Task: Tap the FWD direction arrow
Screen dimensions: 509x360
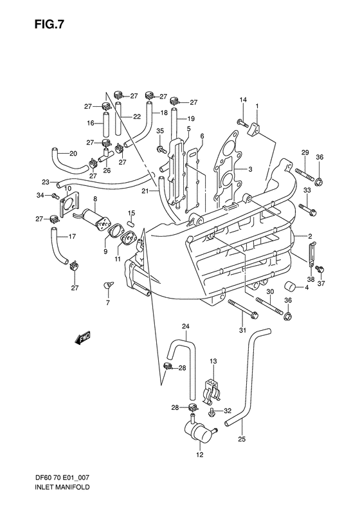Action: (x=83, y=338)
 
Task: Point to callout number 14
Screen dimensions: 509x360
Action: (x=244, y=99)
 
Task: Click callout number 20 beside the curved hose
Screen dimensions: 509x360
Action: (x=73, y=153)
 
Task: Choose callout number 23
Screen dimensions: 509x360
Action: (x=45, y=181)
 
